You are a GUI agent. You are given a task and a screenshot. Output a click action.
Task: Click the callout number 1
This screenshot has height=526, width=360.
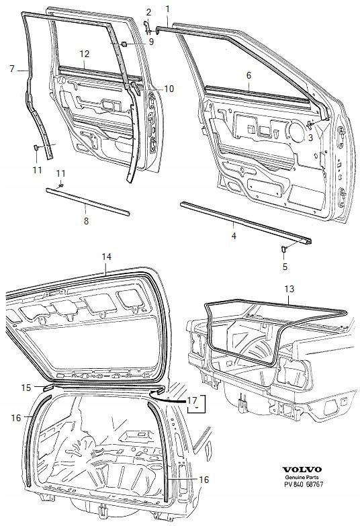(x=167, y=9)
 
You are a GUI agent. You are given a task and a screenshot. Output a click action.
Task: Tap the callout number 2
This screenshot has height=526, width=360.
(x=148, y=12)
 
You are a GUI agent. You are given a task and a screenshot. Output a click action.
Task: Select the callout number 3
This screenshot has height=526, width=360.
(x=310, y=137)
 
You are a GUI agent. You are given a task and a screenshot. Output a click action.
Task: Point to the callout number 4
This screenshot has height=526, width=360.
(x=234, y=236)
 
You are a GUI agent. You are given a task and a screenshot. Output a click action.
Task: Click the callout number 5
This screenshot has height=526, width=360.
(x=285, y=267)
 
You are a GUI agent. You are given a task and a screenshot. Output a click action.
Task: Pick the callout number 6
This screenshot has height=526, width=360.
(x=249, y=75)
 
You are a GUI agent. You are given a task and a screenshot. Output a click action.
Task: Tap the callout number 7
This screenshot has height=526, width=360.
(x=12, y=69)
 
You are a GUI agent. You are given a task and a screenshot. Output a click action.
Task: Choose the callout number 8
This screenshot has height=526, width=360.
(x=86, y=221)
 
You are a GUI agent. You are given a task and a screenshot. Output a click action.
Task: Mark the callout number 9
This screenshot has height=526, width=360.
(x=151, y=42)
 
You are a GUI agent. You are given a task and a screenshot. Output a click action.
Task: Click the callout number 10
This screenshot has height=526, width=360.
(x=169, y=89)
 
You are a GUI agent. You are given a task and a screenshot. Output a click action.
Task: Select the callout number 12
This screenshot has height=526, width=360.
(x=85, y=54)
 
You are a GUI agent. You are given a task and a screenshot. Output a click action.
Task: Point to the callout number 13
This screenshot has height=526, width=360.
(x=289, y=289)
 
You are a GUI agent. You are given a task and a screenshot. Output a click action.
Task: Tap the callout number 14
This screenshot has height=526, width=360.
(x=106, y=257)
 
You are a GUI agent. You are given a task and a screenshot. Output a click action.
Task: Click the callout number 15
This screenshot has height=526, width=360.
(x=26, y=388)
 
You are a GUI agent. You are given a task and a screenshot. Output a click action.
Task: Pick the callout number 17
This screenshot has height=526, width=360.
(x=192, y=400)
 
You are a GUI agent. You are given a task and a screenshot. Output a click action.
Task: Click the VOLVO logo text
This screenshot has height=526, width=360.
(x=302, y=470)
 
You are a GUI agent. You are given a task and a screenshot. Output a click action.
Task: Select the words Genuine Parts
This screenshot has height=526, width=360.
(x=302, y=478)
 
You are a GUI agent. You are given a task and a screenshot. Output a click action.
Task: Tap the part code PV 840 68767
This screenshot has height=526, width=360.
(x=302, y=484)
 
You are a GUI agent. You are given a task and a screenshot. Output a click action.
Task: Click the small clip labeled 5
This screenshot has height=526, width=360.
(x=283, y=249)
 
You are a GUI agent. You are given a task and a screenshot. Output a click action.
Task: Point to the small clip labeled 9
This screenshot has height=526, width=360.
(x=124, y=44)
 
